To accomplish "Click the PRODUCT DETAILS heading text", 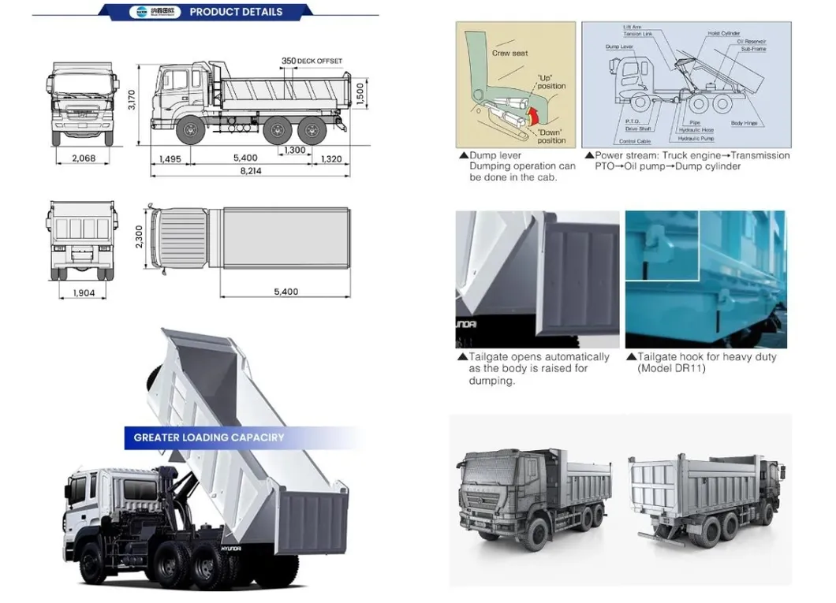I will click(235, 12).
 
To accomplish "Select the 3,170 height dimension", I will click(132, 100).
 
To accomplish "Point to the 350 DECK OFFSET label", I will click(312, 61).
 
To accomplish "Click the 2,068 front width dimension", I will click(84, 158).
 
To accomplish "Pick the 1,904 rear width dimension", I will click(84, 292).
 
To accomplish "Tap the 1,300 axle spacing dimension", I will click(294, 150).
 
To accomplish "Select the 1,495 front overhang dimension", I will click(170, 159).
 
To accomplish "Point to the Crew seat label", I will click(509, 53).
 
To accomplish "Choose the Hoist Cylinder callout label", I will click(723, 34).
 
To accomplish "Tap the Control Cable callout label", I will click(634, 141).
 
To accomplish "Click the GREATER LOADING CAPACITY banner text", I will click(209, 437).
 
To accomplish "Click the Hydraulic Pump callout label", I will click(696, 138).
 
